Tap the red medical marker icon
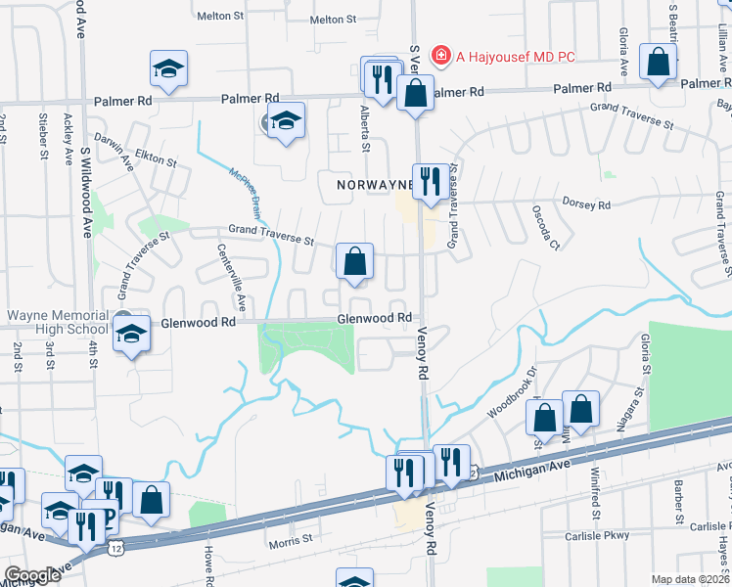click(441, 56)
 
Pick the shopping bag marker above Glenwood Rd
click(354, 262)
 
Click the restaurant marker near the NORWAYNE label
click(431, 182)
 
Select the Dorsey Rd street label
click(586, 204)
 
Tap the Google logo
click(32, 575)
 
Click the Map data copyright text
click(691, 579)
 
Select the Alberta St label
click(364, 129)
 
